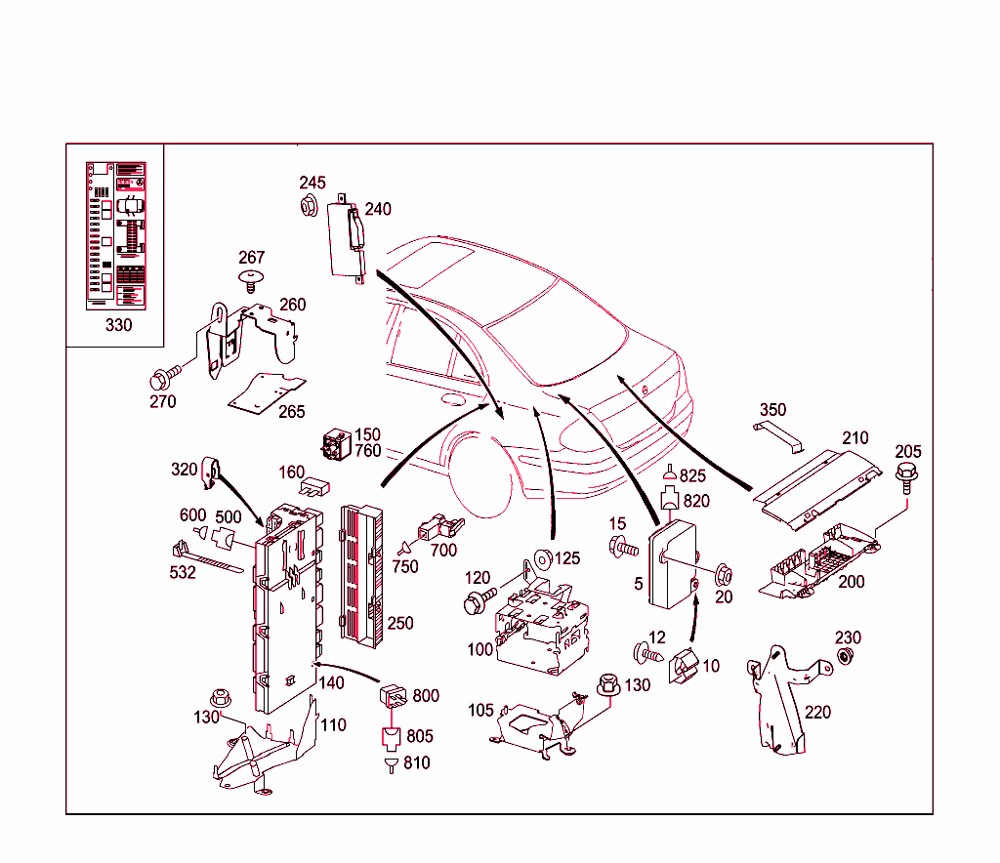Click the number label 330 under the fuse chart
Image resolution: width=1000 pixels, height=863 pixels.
coord(118,325)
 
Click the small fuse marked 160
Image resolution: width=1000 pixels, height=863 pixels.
coord(315,485)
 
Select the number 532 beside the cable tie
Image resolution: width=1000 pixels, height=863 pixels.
coord(182,572)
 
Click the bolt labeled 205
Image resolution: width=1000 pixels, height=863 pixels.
coord(905,476)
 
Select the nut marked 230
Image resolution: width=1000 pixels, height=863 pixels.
coord(846,655)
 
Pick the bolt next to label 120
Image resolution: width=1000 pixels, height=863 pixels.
coord(481,596)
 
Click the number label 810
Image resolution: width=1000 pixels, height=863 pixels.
coord(416,762)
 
